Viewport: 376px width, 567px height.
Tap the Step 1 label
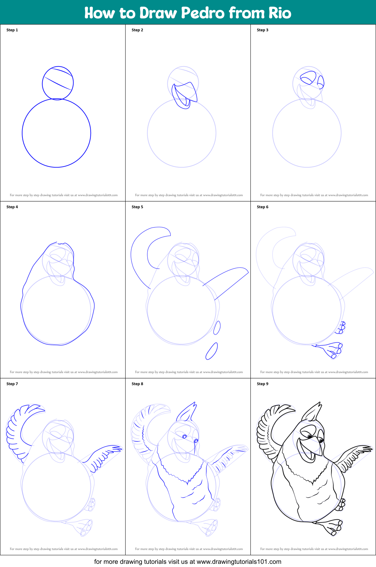12,30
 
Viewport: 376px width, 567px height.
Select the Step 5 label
137,207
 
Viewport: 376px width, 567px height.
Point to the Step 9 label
263,384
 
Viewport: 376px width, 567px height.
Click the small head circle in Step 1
58,83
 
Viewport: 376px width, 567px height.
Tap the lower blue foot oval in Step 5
212,351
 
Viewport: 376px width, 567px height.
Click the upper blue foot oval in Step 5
217,328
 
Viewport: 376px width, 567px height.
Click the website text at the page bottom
188,562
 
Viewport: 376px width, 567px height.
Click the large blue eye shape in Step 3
308,77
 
